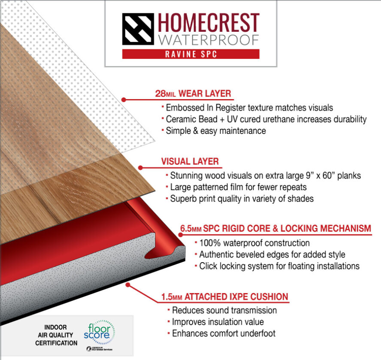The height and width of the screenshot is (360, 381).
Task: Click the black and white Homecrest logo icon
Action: click(138, 29)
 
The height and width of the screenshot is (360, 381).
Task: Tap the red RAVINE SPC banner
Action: click(191, 54)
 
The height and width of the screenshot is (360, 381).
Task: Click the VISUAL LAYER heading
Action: click(190, 162)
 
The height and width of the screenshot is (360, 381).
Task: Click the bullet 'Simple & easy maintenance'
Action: click(216, 130)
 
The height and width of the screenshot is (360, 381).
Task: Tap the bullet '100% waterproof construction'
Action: click(254, 243)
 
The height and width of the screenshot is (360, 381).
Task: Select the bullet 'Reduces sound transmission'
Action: click(224, 310)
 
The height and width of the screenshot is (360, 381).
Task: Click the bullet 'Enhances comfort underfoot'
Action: click(223, 333)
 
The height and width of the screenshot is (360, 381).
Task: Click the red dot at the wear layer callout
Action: click(124, 99)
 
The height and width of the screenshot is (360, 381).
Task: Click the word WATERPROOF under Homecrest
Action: click(208, 40)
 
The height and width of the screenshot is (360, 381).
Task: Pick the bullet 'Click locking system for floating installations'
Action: click(279, 266)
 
